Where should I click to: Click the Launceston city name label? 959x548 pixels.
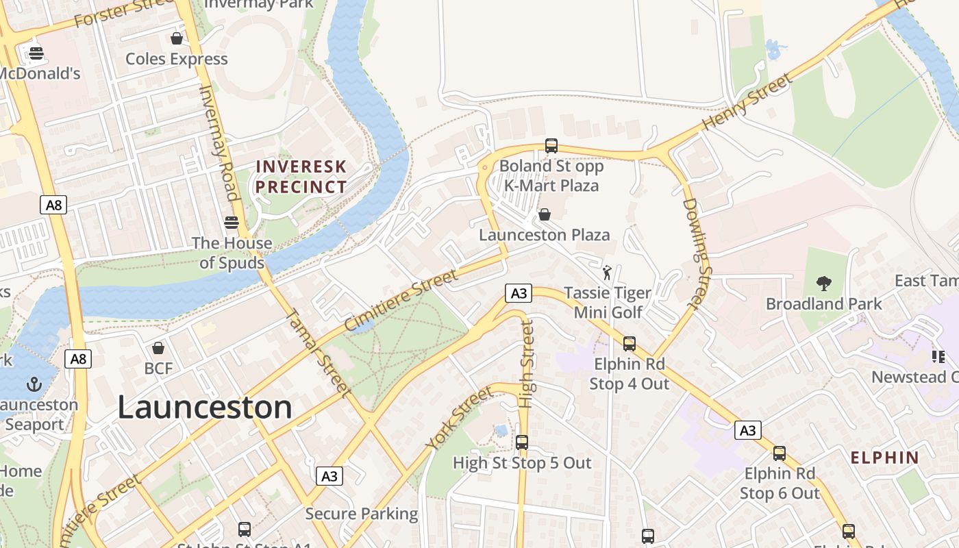coord(205,408)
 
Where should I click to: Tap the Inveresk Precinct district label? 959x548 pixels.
coord(301,177)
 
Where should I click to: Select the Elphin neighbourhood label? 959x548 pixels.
coord(884,458)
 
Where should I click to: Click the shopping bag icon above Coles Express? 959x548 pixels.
coord(177,38)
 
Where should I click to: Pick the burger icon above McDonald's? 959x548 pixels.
coord(36,53)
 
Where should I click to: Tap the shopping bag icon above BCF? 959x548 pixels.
coord(158,348)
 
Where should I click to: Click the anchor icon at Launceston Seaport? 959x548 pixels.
coord(34,384)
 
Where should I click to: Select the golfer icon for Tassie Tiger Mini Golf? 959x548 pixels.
coord(607,273)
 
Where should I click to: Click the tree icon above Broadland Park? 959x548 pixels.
coord(823,283)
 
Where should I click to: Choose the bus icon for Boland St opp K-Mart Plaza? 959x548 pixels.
coord(551,145)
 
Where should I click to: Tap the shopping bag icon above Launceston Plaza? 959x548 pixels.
coord(545,215)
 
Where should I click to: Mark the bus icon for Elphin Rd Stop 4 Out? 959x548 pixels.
coord(629,344)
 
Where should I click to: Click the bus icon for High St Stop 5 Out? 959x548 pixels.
coord(522,443)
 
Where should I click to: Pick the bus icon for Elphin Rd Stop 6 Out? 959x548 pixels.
coord(780,453)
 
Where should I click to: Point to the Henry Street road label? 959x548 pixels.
coord(747,103)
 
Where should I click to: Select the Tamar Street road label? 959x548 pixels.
coord(317,353)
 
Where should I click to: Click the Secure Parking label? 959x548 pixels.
coord(361,514)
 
